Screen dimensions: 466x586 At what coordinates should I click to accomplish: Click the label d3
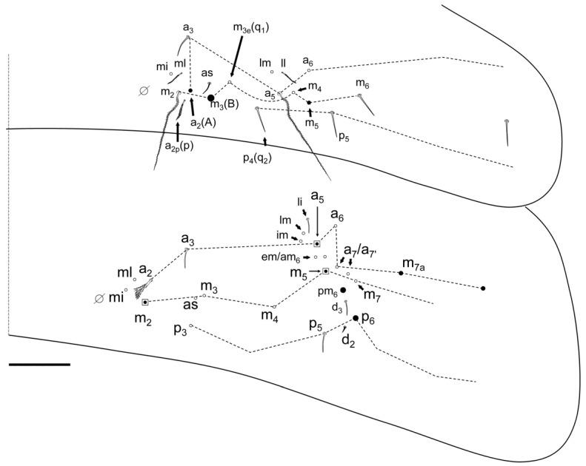336,305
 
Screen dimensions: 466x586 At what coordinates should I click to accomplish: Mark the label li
300,201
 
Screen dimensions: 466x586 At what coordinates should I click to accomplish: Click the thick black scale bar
40,364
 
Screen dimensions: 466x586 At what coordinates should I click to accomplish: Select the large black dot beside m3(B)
211,98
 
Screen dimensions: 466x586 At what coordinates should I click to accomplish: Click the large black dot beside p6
356,318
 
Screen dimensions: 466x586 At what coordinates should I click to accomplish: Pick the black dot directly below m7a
401,274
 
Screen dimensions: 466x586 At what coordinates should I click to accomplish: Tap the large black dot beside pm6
343,291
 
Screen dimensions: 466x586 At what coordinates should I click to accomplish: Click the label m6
362,82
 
